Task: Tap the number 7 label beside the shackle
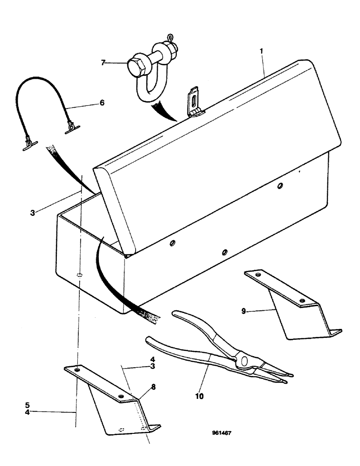click(x=104, y=62)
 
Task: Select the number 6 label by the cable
click(x=102, y=103)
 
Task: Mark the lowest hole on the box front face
click(x=224, y=252)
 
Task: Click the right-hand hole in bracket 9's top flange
click(x=303, y=301)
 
